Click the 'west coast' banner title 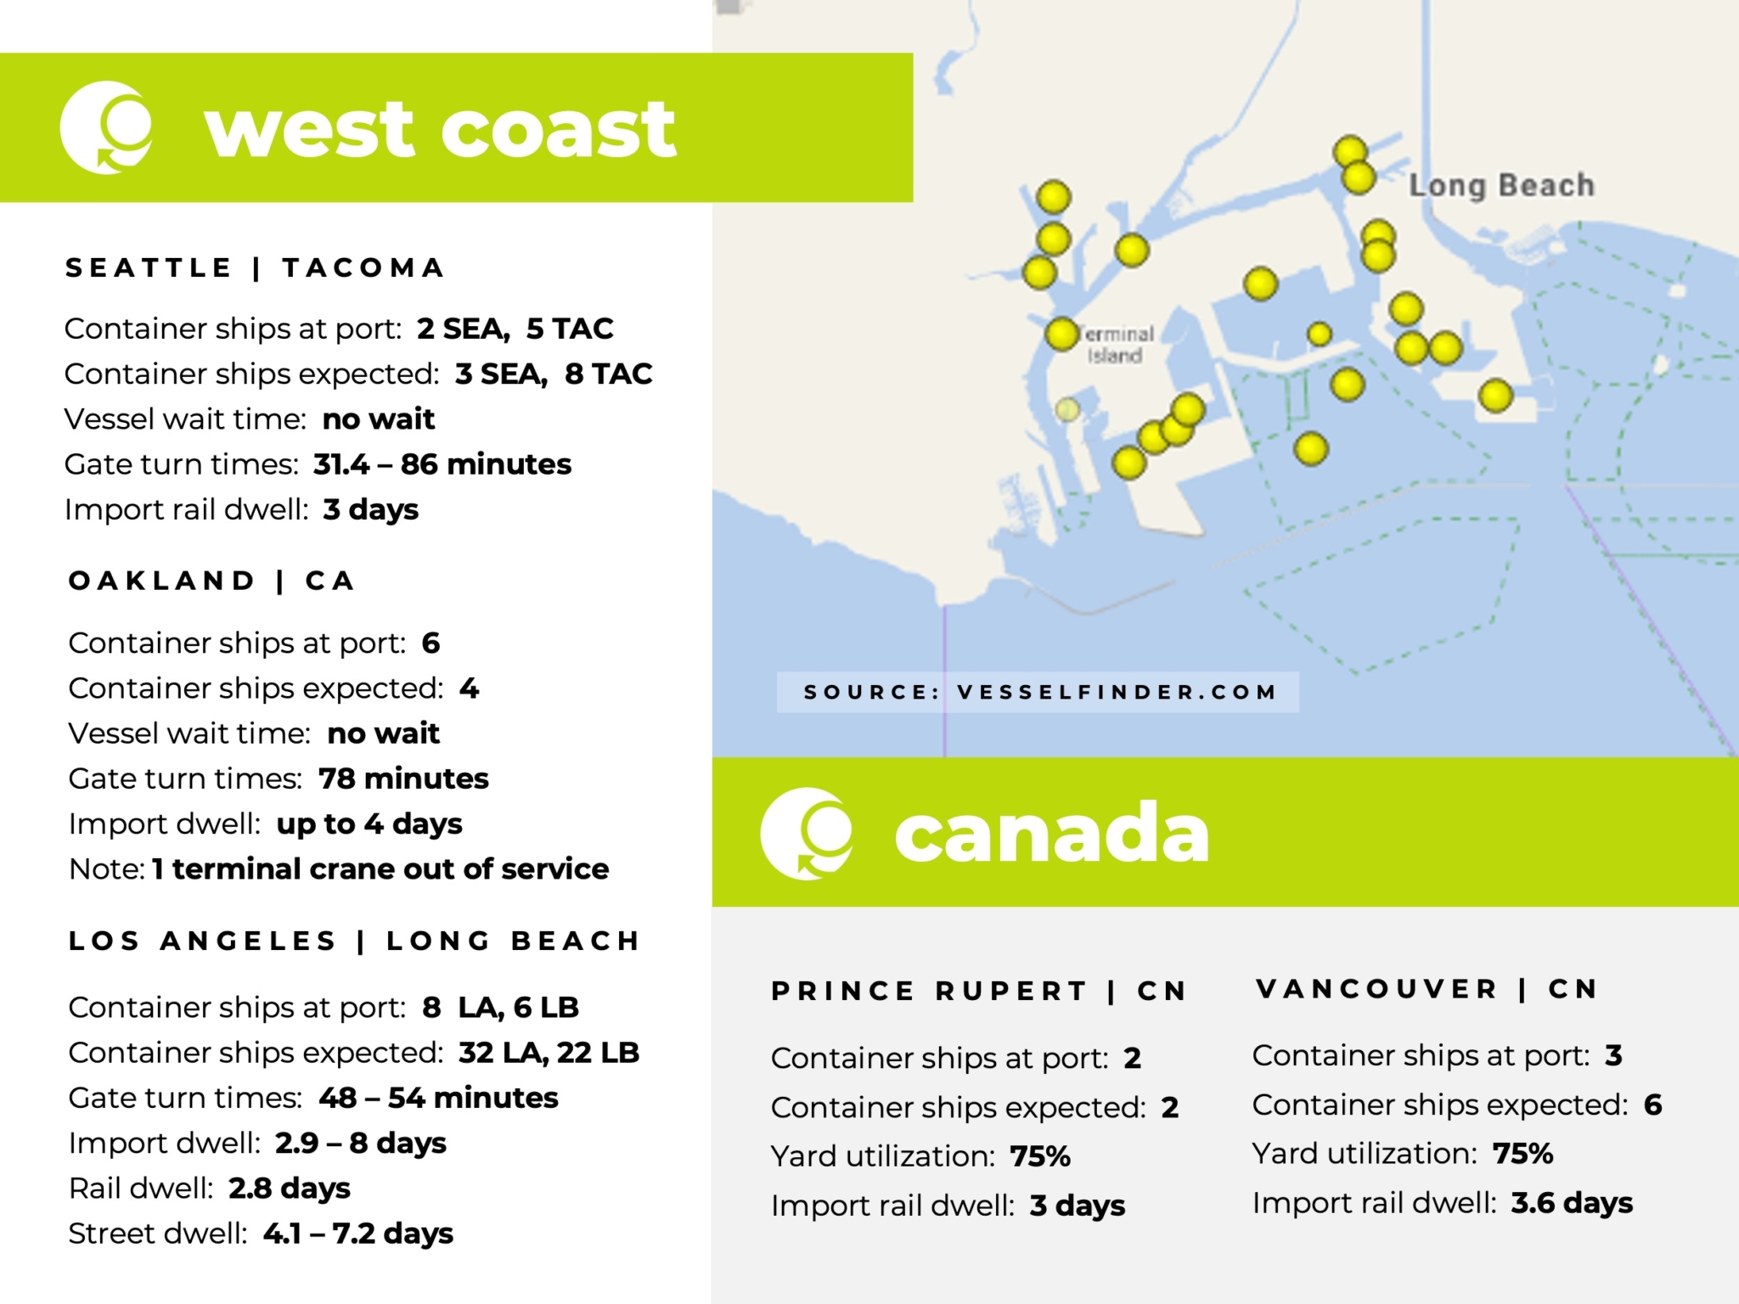point(440,129)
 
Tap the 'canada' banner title point(1051,833)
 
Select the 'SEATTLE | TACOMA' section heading point(255,267)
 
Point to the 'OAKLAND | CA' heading point(211,581)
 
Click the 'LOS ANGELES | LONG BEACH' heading point(354,941)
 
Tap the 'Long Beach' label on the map point(1501,185)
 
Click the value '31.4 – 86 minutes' point(442,464)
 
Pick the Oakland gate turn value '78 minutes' point(403,778)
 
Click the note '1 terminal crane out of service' point(380,868)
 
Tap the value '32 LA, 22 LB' point(549,1053)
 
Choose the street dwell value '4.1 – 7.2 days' point(357,1234)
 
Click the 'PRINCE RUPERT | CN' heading point(978,991)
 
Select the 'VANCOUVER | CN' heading point(1427,989)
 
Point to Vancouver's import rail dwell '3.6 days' point(1571,1203)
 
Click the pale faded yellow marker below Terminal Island point(1067,410)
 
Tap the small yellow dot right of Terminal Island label point(1319,334)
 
